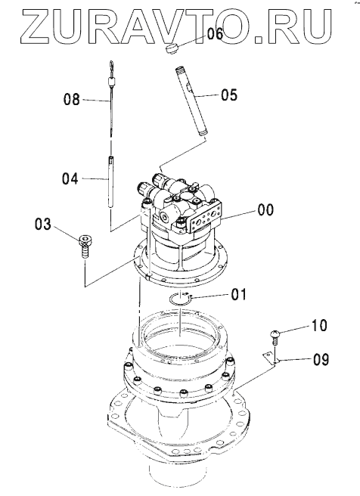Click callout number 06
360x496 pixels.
point(215,33)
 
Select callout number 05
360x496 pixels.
point(229,95)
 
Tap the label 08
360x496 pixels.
point(72,100)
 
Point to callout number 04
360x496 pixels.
point(70,179)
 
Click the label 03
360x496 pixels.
point(42,225)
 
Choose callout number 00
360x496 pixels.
point(265,209)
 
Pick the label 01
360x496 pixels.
point(238,294)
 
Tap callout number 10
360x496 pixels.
point(319,325)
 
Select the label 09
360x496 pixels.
point(321,360)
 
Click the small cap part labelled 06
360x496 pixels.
point(172,49)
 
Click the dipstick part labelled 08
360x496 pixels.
point(110,98)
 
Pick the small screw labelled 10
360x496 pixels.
point(275,337)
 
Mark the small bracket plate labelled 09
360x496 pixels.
point(269,359)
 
